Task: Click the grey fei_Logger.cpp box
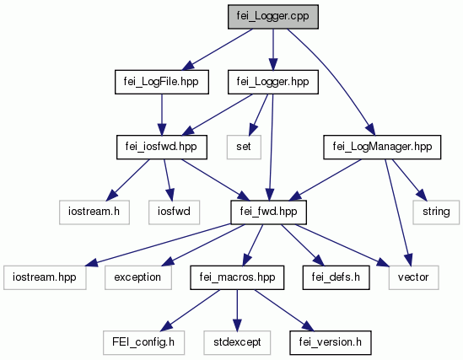pyautogui.click(x=273, y=17)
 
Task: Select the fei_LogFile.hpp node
pyautogui.click(x=162, y=82)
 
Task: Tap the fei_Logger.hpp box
pyautogui.click(x=273, y=82)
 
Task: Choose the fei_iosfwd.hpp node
pyautogui.click(x=162, y=147)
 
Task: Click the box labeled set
pyautogui.click(x=244, y=147)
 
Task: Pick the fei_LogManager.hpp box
pyautogui.click(x=382, y=147)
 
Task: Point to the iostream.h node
pyautogui.click(x=94, y=212)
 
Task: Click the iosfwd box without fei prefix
pyautogui.click(x=174, y=212)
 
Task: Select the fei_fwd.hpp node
pyautogui.click(x=268, y=212)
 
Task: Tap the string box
pyautogui.click(x=436, y=212)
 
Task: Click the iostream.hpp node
pyautogui.click(x=45, y=277)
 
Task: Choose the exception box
pyautogui.click(x=138, y=277)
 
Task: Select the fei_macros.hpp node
pyautogui.click(x=237, y=277)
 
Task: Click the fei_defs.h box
pyautogui.click(x=336, y=277)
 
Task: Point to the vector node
pyautogui.click(x=414, y=277)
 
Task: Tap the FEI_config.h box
pyautogui.click(x=144, y=342)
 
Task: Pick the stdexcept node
pyautogui.click(x=237, y=342)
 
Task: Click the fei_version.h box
pyautogui.click(x=331, y=342)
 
